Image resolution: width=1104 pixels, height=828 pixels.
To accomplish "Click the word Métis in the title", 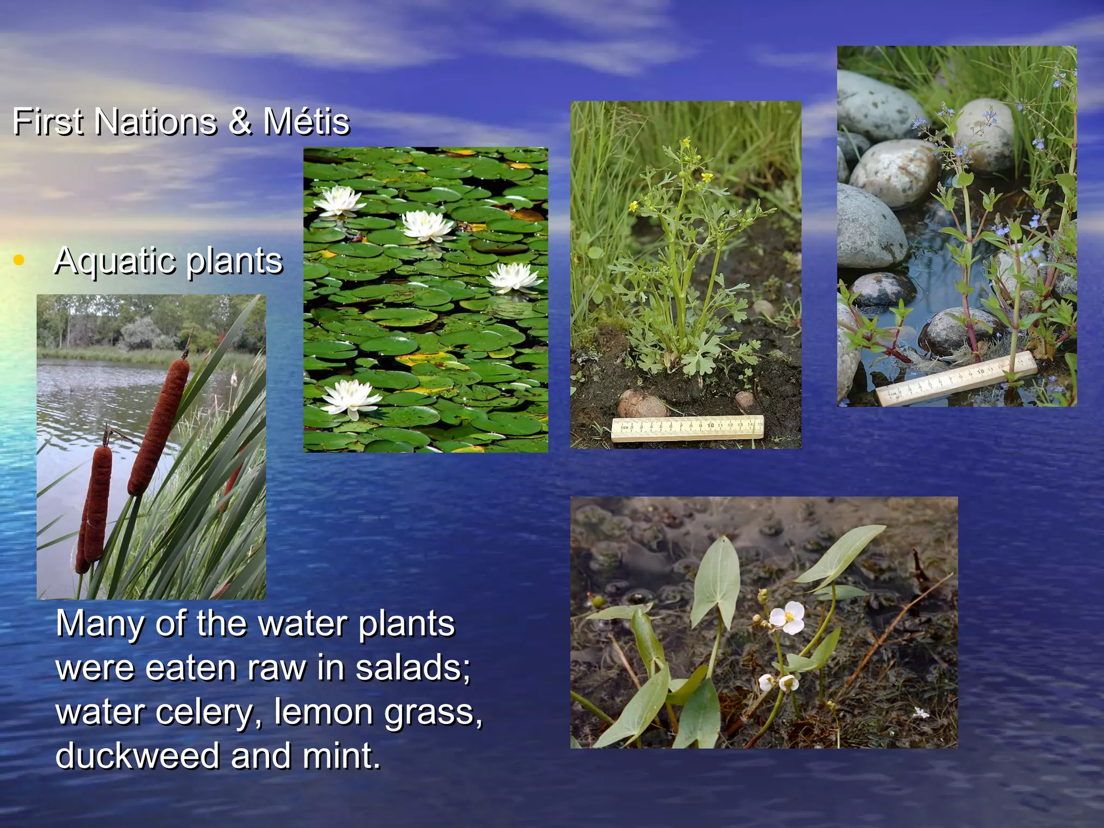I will point(306,121).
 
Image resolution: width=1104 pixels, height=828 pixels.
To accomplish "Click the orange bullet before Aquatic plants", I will point(19,260).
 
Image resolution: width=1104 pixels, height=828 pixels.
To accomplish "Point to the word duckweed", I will point(137,755).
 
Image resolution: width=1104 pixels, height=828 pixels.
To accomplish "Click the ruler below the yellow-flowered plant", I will point(687,428).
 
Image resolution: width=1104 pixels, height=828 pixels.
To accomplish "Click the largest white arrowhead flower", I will point(788,618).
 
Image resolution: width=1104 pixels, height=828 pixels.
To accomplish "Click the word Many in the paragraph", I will point(100,623).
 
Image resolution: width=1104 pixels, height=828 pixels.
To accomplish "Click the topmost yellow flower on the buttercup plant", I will point(686,143).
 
